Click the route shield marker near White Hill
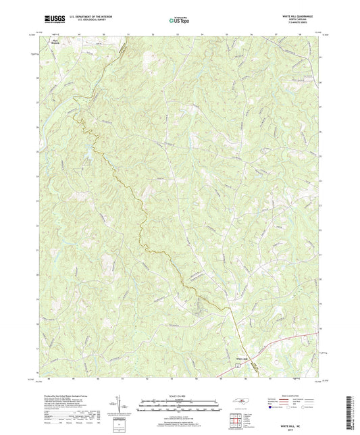tap(237, 363)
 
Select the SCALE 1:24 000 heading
tap(180, 396)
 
